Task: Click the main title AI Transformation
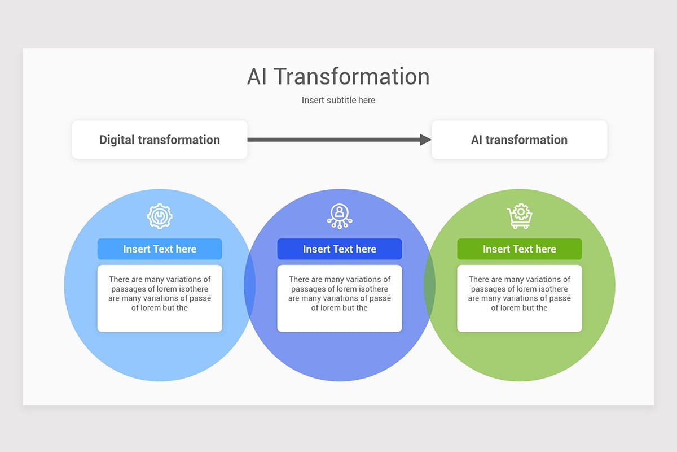tap(338, 77)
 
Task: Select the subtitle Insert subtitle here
tap(338, 100)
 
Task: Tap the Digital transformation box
tap(160, 140)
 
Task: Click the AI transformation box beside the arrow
tap(519, 140)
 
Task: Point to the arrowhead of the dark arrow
tap(426, 140)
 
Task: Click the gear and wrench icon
tap(160, 216)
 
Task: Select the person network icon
tap(340, 216)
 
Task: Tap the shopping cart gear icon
tap(520, 216)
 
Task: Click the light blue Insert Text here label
tap(160, 249)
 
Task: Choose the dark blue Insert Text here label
tap(340, 249)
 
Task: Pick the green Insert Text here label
tap(520, 249)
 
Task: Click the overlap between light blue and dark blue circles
tap(250, 285)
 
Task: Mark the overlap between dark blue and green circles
tap(430, 285)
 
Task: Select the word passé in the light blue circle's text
tap(201, 298)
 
